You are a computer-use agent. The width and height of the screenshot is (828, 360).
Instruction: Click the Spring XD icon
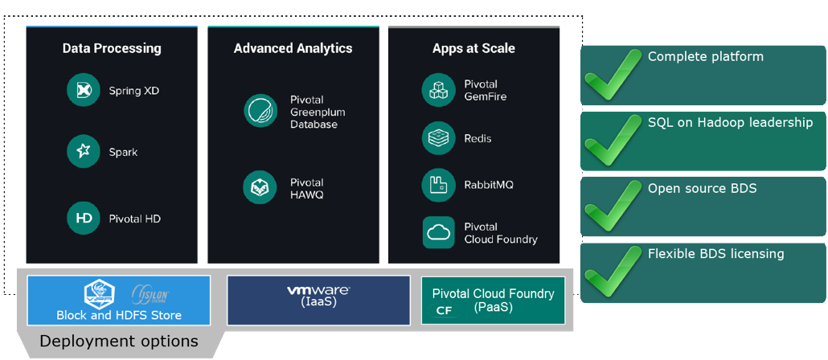[83, 91]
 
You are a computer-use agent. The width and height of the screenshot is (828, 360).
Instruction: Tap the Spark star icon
[83, 151]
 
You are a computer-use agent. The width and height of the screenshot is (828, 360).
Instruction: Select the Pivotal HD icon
[83, 218]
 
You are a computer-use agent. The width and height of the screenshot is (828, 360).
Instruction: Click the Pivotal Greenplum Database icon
[260, 111]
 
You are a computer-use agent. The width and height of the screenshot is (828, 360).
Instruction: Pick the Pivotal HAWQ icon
[260, 188]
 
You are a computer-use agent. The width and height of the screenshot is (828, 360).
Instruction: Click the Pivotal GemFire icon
[438, 90]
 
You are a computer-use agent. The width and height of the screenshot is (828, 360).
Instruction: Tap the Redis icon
[438, 138]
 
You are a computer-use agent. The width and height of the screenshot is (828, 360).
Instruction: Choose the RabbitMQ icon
[438, 185]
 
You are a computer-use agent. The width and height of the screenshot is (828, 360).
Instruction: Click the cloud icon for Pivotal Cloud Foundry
[438, 233]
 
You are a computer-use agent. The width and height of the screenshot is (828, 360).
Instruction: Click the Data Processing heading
[112, 48]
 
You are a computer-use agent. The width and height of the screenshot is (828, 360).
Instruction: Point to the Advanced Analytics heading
[293, 48]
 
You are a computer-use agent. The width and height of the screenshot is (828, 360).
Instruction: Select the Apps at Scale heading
[473, 48]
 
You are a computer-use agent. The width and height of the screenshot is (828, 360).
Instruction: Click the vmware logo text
[318, 290]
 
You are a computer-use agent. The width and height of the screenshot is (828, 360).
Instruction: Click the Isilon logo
[150, 294]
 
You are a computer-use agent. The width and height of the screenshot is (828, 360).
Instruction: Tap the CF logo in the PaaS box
[444, 310]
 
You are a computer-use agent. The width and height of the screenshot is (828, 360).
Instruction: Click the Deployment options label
[118, 342]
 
